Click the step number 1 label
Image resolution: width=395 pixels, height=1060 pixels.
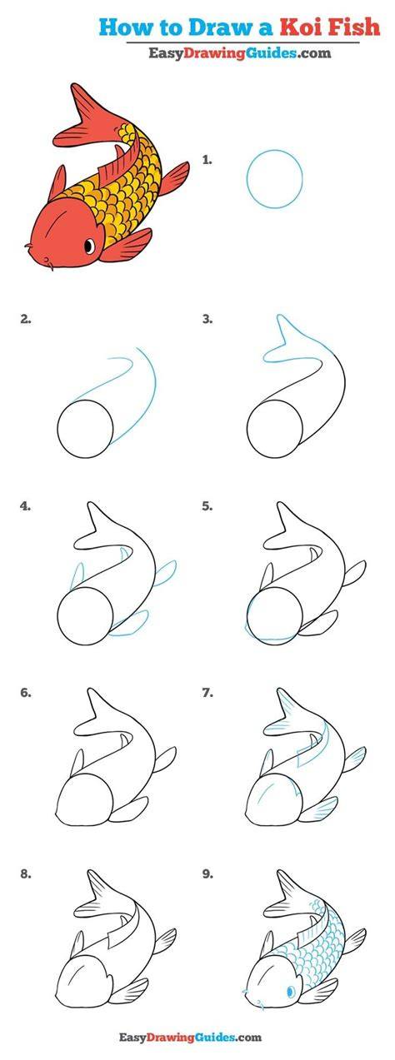click(x=207, y=160)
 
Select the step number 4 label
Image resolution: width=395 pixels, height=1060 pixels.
click(x=25, y=506)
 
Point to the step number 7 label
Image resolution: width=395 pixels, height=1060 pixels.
click(x=207, y=694)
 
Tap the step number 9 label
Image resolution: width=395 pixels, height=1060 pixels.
click(x=207, y=874)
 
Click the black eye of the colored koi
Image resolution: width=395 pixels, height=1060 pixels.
click(x=89, y=246)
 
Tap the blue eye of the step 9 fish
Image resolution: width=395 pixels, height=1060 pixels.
click(x=291, y=988)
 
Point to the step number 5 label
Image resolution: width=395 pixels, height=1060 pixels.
click(x=207, y=506)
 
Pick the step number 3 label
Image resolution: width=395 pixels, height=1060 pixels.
click(x=207, y=320)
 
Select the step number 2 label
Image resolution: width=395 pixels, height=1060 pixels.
click(x=25, y=320)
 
